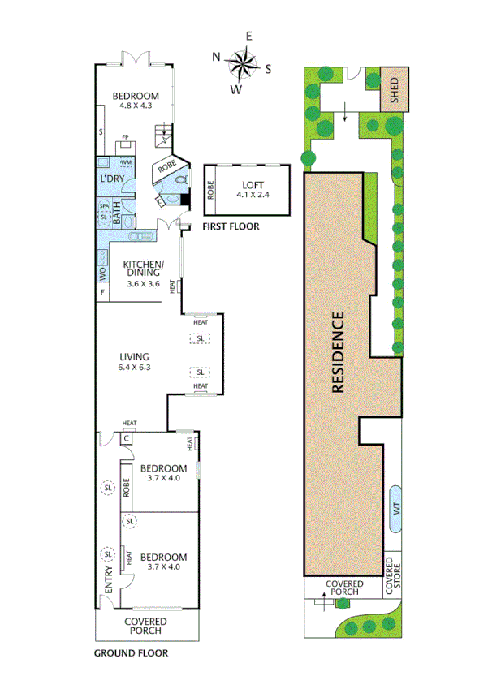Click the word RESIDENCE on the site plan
[x=339, y=353]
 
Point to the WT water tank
[x=396, y=508]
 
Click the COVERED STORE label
[x=393, y=573]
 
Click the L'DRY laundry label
[x=112, y=178]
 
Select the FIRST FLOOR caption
[x=231, y=227]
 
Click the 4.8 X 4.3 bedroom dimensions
[x=136, y=105]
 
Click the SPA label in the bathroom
[x=104, y=207]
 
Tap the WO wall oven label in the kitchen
[x=102, y=273]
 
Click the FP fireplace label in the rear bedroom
[x=125, y=137]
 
